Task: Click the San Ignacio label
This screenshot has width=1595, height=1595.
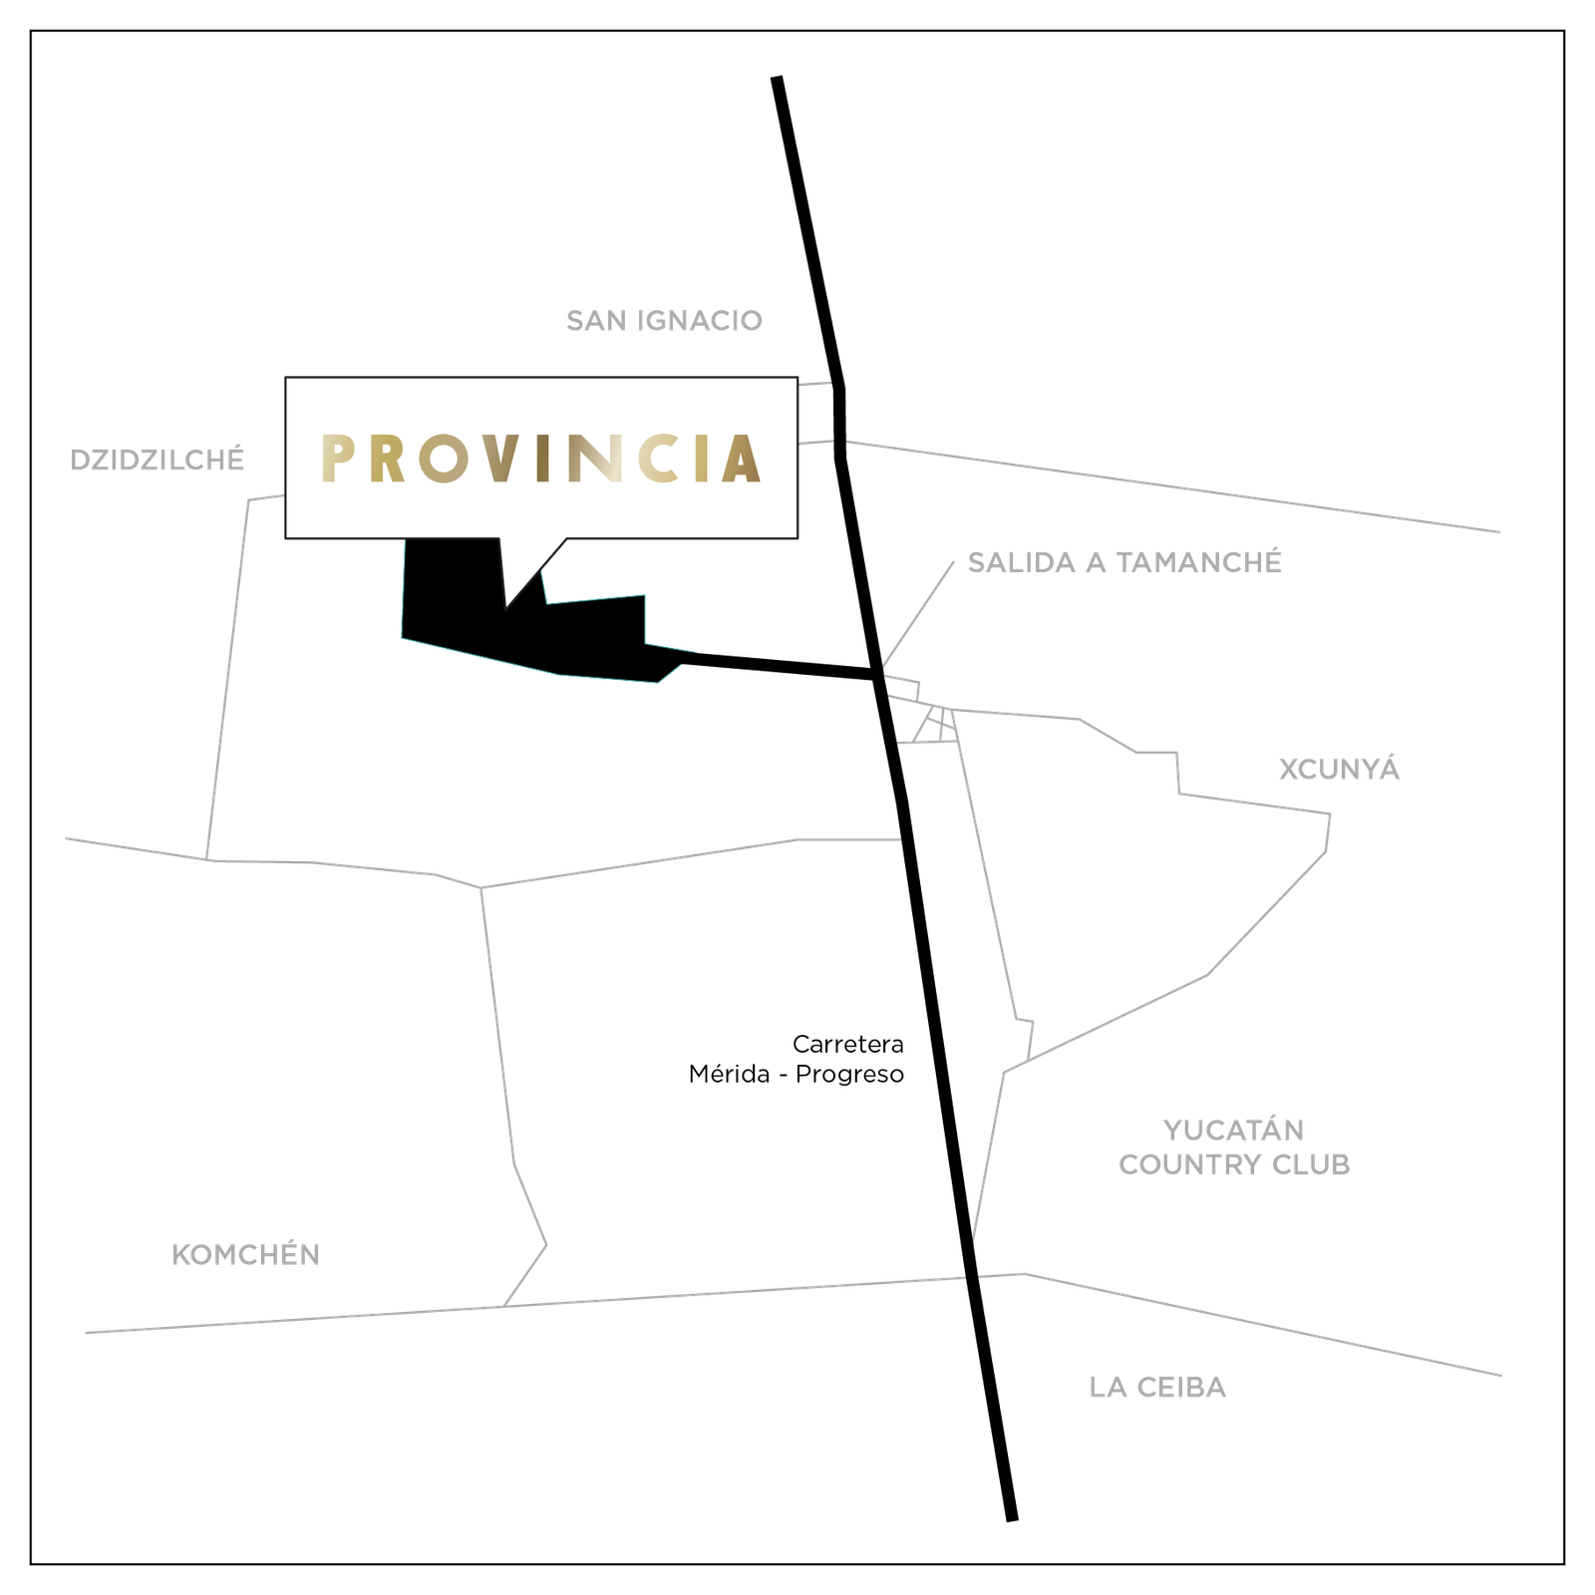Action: coord(664,321)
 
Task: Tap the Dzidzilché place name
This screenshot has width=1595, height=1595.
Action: coord(157,460)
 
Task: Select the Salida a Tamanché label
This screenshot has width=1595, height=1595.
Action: coord(1124,562)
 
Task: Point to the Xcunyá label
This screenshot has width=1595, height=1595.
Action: coord(1339,769)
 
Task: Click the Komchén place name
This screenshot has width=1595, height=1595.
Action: coord(245,1254)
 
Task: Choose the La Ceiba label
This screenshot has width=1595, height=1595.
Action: coord(1157,1387)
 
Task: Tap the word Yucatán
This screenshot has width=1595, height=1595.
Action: coord(1234,1129)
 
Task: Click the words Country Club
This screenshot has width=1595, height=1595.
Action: coord(1234,1164)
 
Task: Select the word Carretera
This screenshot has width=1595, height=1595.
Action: coord(848,1044)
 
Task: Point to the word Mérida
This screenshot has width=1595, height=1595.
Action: coord(729,1074)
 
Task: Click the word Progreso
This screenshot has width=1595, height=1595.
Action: coord(850,1075)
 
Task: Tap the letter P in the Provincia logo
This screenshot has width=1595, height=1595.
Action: coord(338,460)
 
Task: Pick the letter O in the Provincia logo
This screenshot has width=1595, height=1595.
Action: coord(443,460)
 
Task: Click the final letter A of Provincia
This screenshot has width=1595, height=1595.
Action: coord(742,460)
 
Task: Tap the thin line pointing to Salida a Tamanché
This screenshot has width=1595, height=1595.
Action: coord(917,614)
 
